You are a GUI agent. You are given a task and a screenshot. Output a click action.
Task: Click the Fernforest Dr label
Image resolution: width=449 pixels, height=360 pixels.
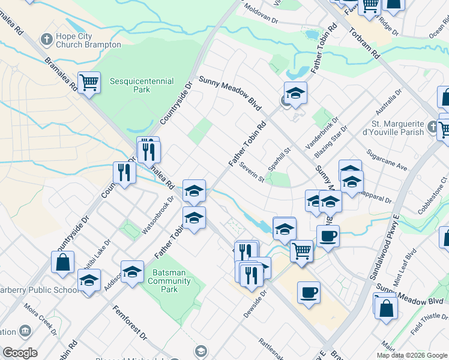tap(130, 322)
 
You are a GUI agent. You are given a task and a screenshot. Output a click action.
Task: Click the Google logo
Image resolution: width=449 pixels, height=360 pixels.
tap(20, 353)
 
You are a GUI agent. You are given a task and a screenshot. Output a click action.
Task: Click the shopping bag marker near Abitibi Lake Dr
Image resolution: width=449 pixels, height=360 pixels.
tap(62, 262)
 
